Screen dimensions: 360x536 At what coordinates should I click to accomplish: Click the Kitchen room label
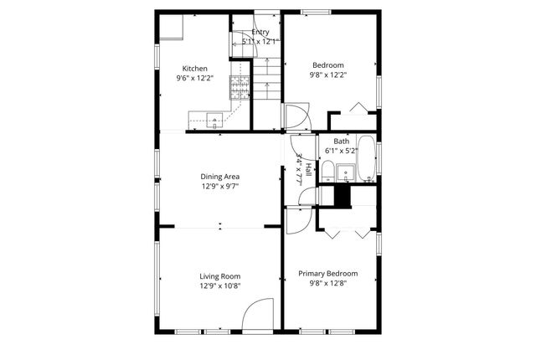(x=195, y=69)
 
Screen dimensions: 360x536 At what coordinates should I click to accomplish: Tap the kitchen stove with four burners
(x=240, y=87)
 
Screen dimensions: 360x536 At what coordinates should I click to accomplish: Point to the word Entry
(x=260, y=32)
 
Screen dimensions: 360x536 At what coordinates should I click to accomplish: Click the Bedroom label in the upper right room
(x=328, y=64)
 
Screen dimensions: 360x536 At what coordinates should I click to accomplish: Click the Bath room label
(x=342, y=141)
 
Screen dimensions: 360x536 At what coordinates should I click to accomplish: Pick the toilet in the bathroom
(x=327, y=174)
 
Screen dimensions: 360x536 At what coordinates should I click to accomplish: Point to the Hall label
(x=308, y=169)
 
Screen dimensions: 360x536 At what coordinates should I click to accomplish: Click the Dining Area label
(x=220, y=177)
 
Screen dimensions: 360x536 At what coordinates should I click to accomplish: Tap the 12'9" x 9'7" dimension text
(x=220, y=187)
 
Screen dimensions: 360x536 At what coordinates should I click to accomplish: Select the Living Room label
(x=220, y=276)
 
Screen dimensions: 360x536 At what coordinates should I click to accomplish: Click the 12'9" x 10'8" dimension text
(x=220, y=286)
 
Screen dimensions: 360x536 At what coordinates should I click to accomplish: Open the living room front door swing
(x=259, y=315)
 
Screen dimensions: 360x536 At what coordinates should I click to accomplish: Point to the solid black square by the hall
(x=340, y=195)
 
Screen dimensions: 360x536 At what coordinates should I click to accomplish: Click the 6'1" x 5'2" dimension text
(x=342, y=152)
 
